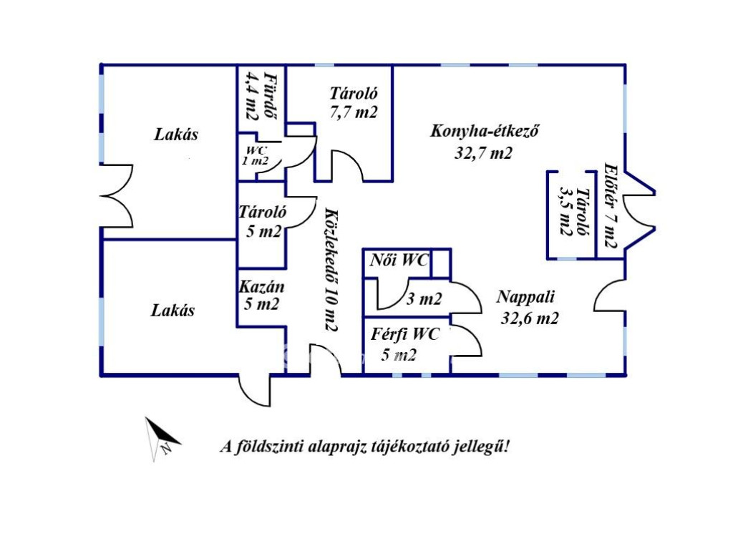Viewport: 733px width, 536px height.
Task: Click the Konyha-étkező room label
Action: click(484, 132)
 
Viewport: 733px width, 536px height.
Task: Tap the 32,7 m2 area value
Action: click(483, 152)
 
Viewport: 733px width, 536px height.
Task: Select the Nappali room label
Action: click(526, 297)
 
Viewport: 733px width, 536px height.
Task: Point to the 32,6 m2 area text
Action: click(529, 318)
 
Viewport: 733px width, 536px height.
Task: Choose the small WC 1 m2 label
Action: click(256, 155)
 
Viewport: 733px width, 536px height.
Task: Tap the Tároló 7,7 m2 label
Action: click(354, 102)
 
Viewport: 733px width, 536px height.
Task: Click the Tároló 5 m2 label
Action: click(263, 221)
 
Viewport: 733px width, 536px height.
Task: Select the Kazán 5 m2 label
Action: click(262, 295)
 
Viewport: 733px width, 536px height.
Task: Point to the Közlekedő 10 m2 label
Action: click(330, 269)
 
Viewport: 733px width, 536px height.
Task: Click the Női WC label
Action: click(399, 260)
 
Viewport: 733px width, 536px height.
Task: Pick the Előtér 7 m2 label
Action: click(611, 205)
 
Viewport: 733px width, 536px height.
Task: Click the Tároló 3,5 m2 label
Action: click(572, 213)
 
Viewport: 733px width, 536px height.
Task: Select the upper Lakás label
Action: click(176, 135)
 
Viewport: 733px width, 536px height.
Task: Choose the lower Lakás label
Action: click(173, 311)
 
